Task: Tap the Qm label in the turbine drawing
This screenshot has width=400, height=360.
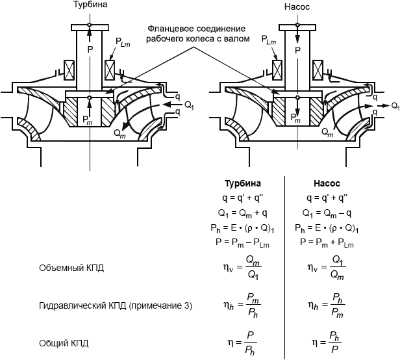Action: [x=119, y=132]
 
